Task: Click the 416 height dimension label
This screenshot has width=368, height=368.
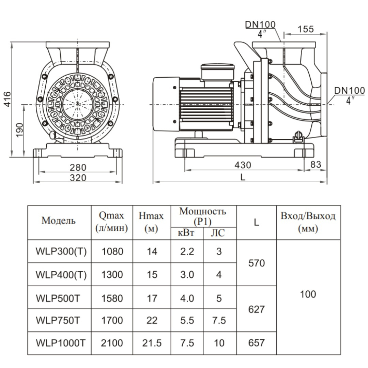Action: pos(7,99)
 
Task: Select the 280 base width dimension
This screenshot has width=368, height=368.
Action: pos(78,167)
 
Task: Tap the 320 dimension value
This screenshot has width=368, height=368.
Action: pos(78,178)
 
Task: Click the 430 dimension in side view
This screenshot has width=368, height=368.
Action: pos(243,165)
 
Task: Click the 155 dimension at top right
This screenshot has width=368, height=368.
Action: pos(305,29)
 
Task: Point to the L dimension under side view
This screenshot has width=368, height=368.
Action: pos(243,177)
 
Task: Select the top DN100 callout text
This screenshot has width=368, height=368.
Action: pos(260,24)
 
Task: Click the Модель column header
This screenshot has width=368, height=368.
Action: pos(59,220)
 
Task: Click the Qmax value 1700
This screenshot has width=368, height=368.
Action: pos(112,320)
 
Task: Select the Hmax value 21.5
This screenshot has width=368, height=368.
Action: pos(152,343)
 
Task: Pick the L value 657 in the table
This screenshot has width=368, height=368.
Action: pos(256,343)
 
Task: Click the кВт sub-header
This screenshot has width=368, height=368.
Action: pos(187,234)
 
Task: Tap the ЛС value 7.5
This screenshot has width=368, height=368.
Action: pos(219,320)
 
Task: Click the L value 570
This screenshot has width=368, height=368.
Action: pos(256,263)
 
